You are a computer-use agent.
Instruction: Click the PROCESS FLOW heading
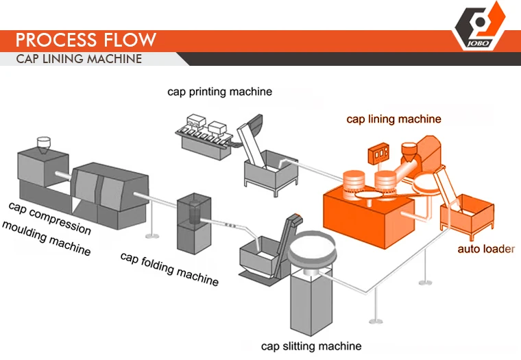(x=86, y=38)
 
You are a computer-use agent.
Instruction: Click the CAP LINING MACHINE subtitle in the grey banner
(x=79, y=58)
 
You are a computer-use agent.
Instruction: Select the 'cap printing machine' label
(x=219, y=91)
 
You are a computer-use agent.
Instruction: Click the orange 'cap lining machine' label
(x=393, y=119)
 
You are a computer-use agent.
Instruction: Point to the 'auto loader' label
(x=485, y=249)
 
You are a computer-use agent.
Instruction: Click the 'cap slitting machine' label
(x=311, y=346)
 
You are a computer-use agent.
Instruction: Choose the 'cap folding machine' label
(x=169, y=268)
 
